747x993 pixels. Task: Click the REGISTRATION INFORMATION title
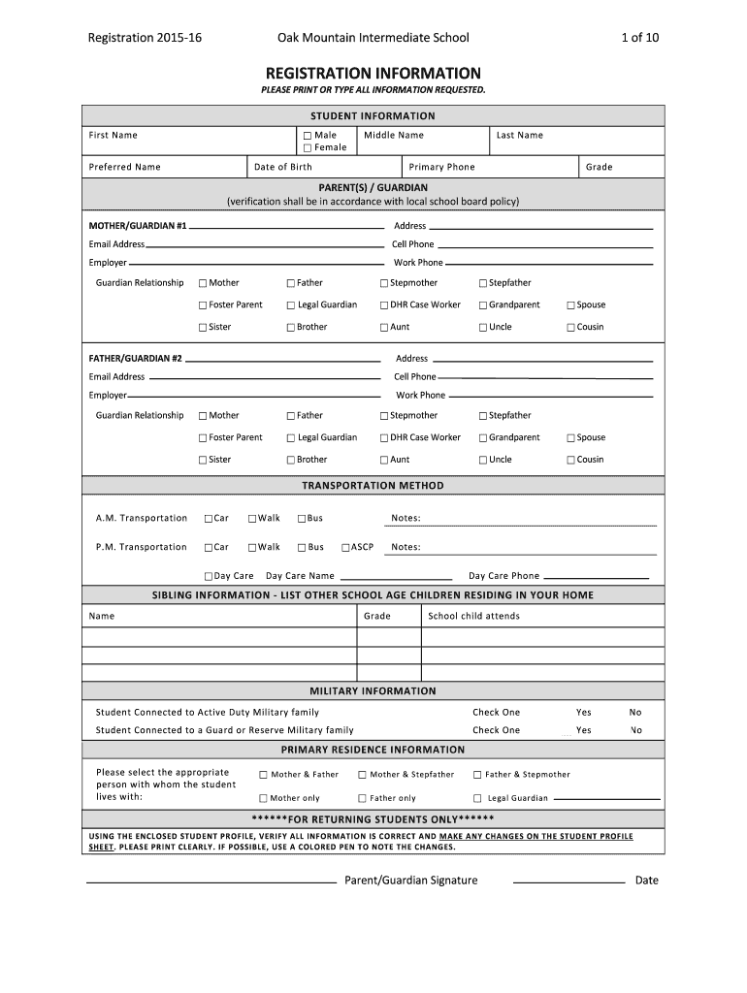click(x=373, y=73)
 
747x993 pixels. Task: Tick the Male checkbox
click(x=308, y=136)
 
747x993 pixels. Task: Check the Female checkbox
click(x=308, y=148)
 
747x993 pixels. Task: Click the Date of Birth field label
click(x=282, y=167)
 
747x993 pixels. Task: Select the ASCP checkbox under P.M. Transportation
click(x=345, y=548)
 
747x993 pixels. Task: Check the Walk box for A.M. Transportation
click(x=252, y=519)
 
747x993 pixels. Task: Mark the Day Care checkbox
click(x=209, y=576)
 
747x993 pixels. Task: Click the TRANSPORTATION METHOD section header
click(x=373, y=486)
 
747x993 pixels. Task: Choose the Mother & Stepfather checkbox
click(x=362, y=775)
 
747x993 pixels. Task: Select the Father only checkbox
click(x=362, y=799)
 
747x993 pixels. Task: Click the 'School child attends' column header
click(x=473, y=616)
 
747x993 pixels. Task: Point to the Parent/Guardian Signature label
click(x=411, y=881)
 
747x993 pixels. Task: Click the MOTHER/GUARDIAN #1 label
click(x=138, y=226)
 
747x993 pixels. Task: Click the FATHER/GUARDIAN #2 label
click(x=136, y=359)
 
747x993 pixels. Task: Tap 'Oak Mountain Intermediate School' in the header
click(x=373, y=38)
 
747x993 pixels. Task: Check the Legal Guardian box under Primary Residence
click(x=477, y=799)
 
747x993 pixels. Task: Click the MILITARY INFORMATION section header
click(x=373, y=691)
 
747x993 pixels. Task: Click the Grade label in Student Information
click(x=599, y=167)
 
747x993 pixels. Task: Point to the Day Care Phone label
click(x=503, y=576)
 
